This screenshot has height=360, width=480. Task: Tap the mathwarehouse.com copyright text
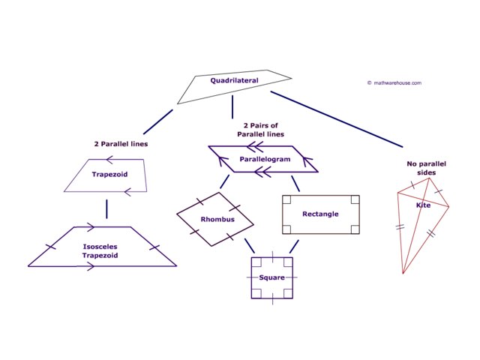(394, 83)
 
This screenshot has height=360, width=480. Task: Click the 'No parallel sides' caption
(421, 167)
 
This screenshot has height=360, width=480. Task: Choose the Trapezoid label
(109, 174)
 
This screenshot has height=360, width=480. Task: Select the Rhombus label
(217, 219)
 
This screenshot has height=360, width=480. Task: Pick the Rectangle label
(320, 214)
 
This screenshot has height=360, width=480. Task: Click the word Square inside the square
(271, 277)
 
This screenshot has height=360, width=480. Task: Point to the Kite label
(423, 205)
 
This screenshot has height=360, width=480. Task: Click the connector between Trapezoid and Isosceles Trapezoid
(107, 208)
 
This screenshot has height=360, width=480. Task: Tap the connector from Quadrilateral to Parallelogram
(232, 106)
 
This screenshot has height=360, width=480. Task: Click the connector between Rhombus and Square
(249, 245)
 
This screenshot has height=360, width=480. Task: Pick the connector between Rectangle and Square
(294, 246)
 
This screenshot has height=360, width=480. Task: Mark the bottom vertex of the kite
(403, 273)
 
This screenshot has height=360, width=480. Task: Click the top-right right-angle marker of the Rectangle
(354, 199)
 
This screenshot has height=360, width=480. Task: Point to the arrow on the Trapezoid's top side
(109, 160)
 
